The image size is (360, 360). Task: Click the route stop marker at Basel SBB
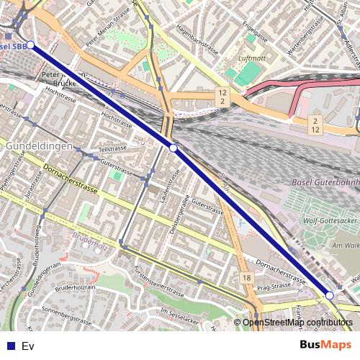click(30, 45)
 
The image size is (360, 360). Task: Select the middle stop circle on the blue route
click(173, 148)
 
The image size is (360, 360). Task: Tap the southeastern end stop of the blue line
click(329, 295)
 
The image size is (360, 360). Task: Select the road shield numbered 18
click(248, 278)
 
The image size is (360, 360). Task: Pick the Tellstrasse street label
click(112, 148)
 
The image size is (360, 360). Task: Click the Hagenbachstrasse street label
click(197, 43)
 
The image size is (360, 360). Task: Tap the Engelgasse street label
click(256, 32)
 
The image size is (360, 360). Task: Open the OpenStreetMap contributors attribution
click(297, 323)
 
